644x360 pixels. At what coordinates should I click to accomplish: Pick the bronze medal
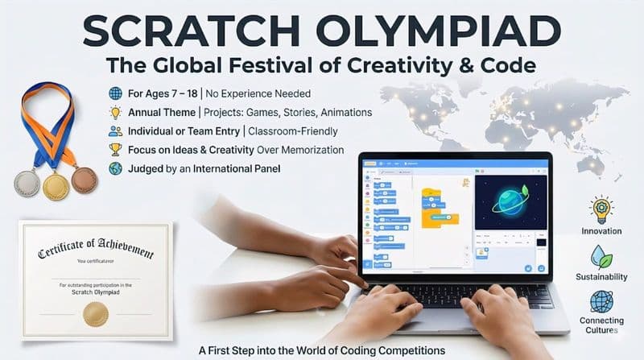84,180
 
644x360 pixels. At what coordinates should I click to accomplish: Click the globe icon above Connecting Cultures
601,300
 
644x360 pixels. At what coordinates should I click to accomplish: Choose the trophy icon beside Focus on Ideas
115,149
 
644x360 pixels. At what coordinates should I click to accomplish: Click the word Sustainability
601,276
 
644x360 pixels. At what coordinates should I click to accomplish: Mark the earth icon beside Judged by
115,169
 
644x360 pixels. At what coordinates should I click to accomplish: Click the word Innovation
601,231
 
